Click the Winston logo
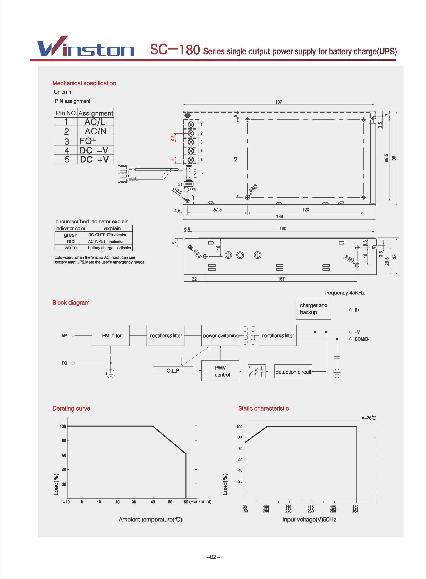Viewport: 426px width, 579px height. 86,47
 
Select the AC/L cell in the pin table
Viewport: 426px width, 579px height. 95,122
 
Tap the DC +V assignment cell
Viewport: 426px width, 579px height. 95,159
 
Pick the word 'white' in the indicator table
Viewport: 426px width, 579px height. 70,248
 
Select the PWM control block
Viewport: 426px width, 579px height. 220,371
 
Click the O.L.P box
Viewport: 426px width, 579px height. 173,371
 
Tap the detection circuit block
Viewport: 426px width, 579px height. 293,372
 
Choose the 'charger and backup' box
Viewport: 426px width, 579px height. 313,309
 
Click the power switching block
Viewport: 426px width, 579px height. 220,336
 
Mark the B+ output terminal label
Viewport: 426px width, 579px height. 357,310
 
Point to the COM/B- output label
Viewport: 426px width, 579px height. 362,339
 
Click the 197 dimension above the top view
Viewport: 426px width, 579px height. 278,102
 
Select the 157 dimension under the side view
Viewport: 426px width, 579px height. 281,279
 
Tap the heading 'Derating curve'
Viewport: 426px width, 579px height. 71,408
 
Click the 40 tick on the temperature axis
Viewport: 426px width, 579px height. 153,502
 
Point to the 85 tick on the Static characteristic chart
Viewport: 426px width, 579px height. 240,438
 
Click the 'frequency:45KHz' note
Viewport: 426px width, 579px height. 345,293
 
